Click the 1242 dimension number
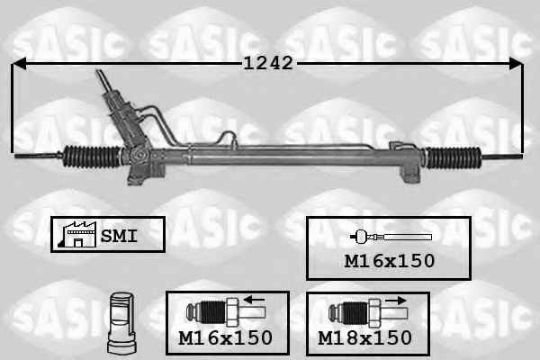coord(268,63)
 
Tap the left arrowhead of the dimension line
coord(19,64)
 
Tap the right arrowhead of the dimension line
coord(516,64)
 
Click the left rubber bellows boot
coord(93,157)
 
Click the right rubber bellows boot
coord(453,157)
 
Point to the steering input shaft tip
coord(99,72)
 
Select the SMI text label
coord(119,237)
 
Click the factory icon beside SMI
coord(77,234)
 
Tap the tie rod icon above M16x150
coord(391,237)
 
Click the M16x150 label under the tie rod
coord(389,261)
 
